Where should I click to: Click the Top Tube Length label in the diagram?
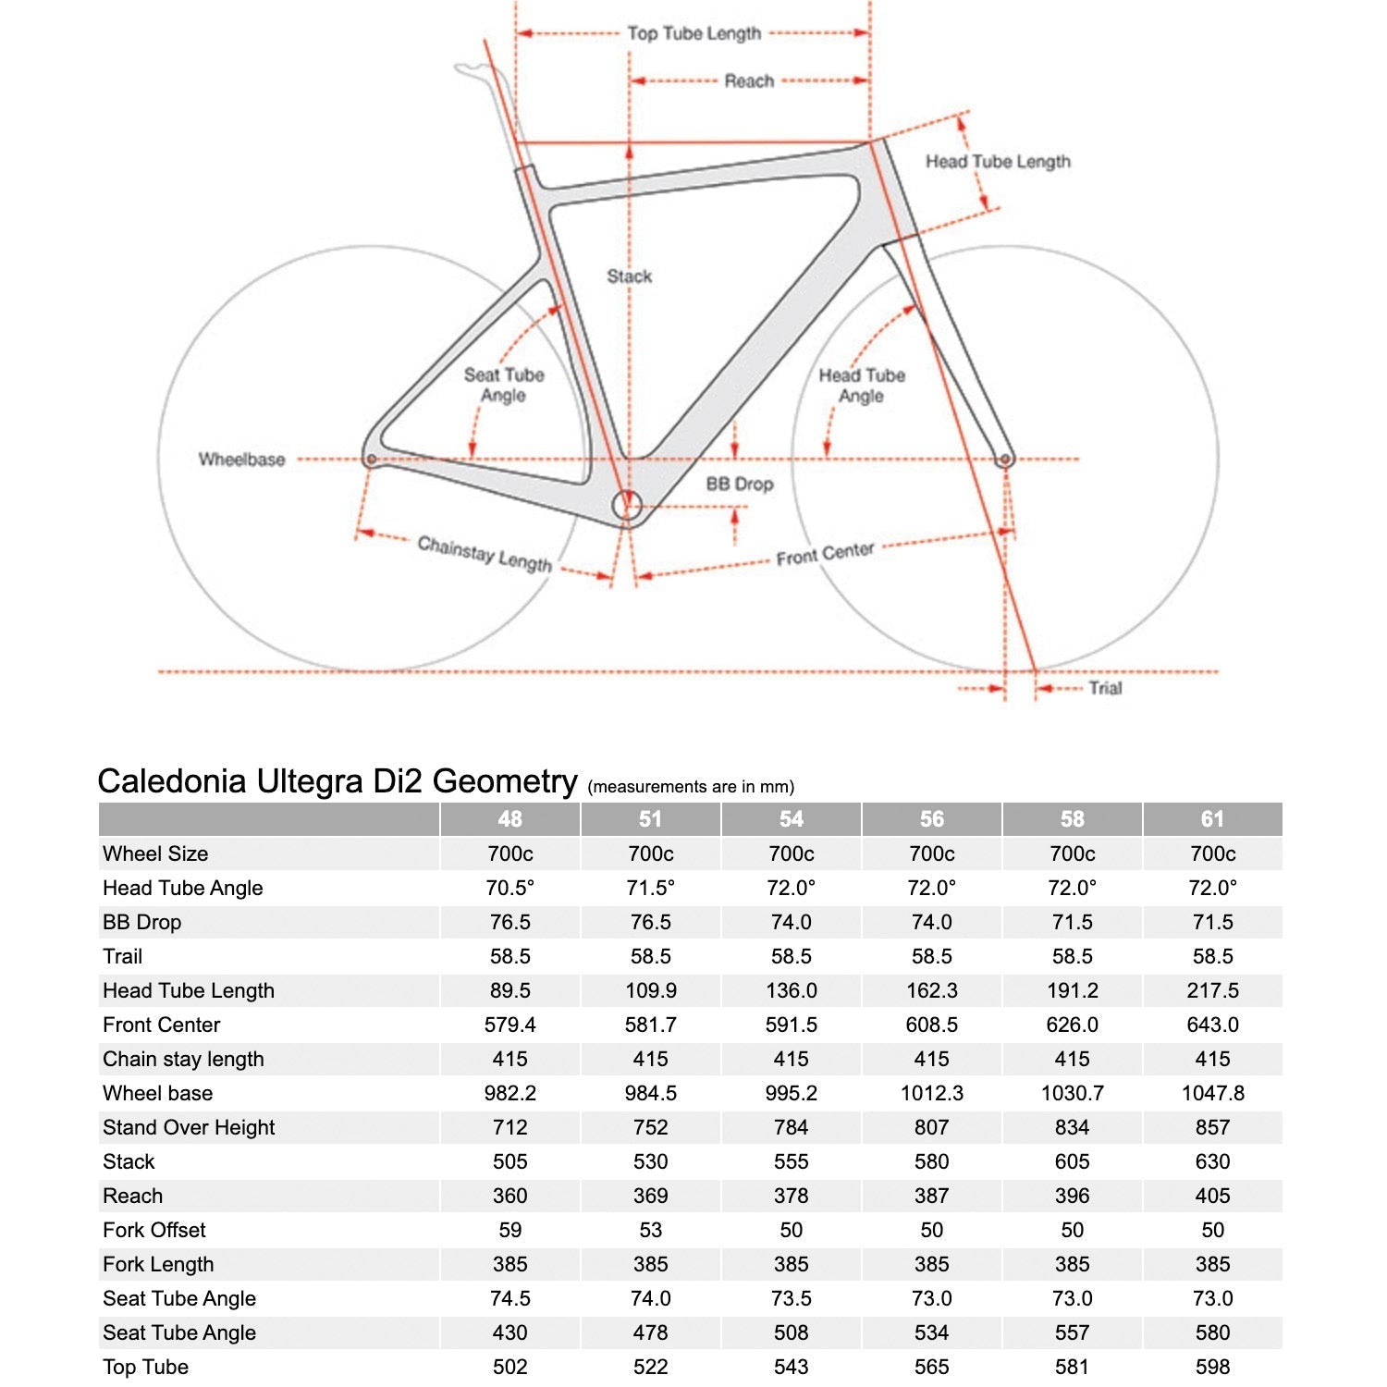coord(693,33)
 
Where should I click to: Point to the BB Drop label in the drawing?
coord(739,484)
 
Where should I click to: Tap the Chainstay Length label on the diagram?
coord(485,553)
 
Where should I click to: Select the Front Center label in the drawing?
coord(825,554)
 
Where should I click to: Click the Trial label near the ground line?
coord(1105,688)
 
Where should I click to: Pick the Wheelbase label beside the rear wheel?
coord(241,460)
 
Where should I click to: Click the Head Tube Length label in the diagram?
coord(998,162)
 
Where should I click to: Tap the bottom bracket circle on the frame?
coord(627,506)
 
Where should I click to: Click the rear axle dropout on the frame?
coord(371,459)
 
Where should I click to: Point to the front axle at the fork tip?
coord(1005,459)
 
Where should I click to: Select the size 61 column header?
coord(1212,819)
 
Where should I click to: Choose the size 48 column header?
coord(509,819)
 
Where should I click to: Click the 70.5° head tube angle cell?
coord(509,888)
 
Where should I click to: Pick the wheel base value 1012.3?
coord(931,1093)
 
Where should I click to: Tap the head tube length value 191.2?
coord(1072,990)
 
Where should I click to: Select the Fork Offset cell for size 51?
coord(650,1230)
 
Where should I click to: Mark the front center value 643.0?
coord(1212,1025)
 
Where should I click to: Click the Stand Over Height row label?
coord(189,1127)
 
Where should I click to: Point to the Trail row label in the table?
coord(123,956)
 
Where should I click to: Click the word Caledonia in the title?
coord(172,781)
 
